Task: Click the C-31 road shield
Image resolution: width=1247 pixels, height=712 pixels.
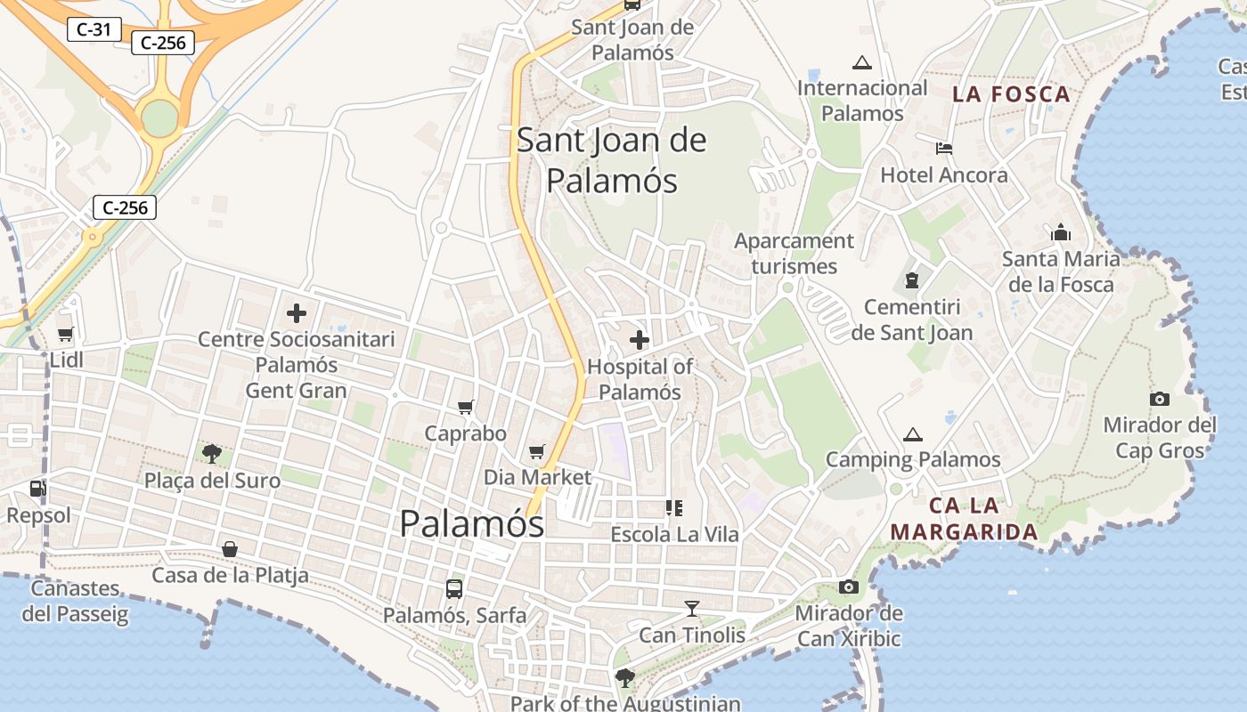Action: (x=94, y=29)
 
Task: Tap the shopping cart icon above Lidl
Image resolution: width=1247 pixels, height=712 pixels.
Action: (x=65, y=335)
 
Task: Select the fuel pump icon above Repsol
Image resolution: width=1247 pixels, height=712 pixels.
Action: (x=37, y=488)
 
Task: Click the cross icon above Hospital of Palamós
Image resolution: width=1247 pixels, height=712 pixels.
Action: (x=639, y=339)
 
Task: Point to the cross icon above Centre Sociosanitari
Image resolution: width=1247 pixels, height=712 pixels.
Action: (x=296, y=313)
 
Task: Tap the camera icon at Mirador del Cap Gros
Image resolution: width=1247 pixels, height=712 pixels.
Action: (x=1159, y=399)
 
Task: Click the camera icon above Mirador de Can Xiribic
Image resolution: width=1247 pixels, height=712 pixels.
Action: (x=848, y=587)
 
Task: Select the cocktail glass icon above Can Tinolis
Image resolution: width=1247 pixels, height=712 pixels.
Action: (x=692, y=609)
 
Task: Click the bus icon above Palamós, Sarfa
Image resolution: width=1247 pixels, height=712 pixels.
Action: (x=453, y=588)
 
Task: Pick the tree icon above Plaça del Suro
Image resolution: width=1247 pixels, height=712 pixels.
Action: (x=211, y=454)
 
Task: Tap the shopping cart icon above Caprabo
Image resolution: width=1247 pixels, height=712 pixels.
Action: (x=465, y=407)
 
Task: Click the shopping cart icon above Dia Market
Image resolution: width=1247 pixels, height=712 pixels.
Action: (x=536, y=452)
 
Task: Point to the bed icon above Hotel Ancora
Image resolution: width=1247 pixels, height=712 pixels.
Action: (x=944, y=148)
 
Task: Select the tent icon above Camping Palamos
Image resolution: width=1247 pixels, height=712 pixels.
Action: (x=912, y=434)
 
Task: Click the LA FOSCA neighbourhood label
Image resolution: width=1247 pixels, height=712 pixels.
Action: (x=1011, y=94)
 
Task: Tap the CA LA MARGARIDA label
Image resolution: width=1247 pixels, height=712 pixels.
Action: (x=964, y=519)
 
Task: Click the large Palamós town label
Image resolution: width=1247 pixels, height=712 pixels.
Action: (x=471, y=523)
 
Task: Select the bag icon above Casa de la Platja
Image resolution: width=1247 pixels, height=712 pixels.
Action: (x=229, y=549)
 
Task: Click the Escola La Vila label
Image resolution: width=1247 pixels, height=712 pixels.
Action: (x=674, y=535)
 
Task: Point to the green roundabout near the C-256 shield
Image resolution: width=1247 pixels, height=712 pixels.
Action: (x=160, y=118)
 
